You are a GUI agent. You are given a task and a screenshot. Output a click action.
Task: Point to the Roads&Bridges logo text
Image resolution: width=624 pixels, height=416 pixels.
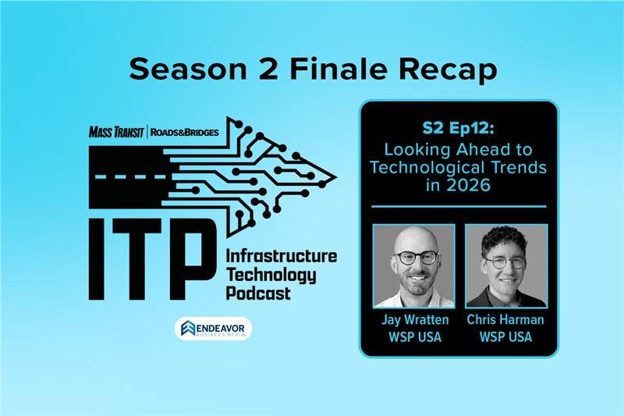click(184, 133)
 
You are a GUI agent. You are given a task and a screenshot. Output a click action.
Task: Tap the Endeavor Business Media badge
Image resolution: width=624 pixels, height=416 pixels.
click(213, 328)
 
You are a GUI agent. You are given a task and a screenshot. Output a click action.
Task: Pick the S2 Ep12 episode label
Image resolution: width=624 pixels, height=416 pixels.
click(459, 128)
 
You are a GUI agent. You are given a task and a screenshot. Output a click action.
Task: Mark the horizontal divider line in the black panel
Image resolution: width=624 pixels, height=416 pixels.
click(459, 207)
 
